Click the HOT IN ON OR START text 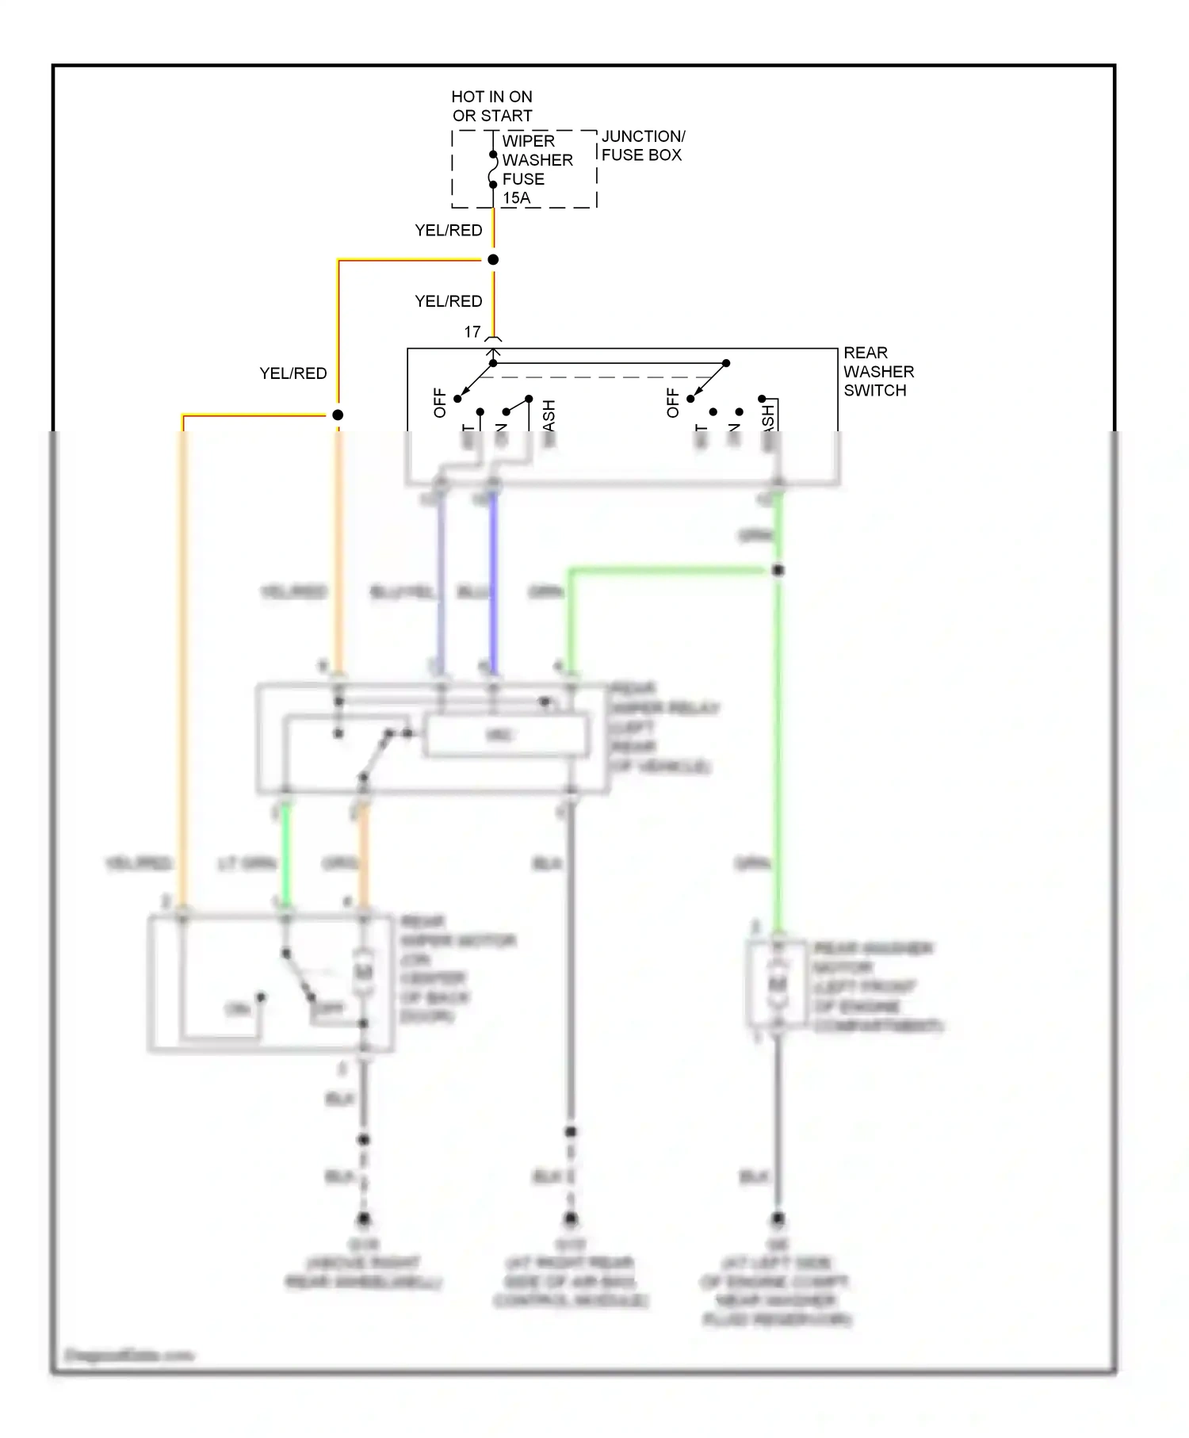491,106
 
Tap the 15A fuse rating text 516,198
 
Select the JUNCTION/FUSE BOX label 642,146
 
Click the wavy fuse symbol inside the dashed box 493,170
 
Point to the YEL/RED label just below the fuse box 449,231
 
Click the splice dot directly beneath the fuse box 493,260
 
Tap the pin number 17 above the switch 472,332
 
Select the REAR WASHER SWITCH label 877,372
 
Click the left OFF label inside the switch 440,403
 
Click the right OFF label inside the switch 673,403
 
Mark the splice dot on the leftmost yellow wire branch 338,415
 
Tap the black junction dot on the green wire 778,570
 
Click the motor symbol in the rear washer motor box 778,984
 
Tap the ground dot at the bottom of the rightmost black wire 778,1218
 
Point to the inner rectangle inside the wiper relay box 507,736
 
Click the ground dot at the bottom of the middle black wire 571,1218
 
